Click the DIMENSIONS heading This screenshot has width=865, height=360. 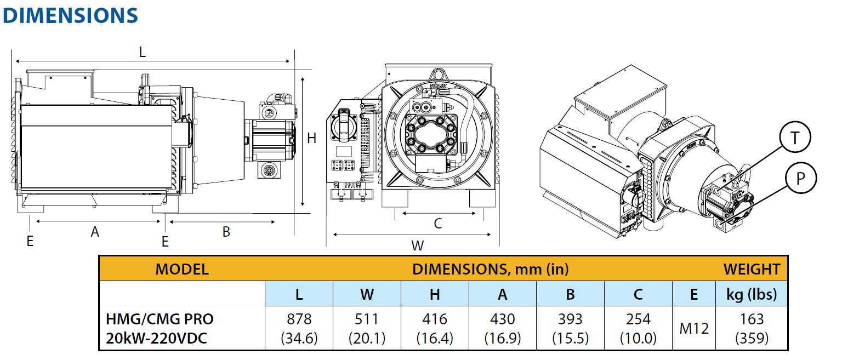pyautogui.click(x=70, y=15)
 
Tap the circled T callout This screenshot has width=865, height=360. pyautogui.click(x=795, y=137)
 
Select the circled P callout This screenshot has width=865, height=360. pyautogui.click(x=801, y=178)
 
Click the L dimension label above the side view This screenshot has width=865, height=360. pyautogui.click(x=143, y=52)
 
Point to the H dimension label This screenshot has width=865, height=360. pyautogui.click(x=311, y=138)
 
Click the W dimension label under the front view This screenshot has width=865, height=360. pyautogui.click(x=418, y=245)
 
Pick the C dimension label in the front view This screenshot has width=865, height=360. pyautogui.click(x=437, y=224)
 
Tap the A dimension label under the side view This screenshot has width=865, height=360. pyautogui.click(x=95, y=232)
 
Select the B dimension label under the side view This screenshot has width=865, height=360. pyautogui.click(x=226, y=232)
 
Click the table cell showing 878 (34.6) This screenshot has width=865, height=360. pyautogui.click(x=299, y=328)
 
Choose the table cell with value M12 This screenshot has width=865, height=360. pyautogui.click(x=694, y=328)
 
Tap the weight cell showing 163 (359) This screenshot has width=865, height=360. pyautogui.click(x=752, y=328)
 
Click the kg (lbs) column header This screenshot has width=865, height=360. pyautogui.click(x=752, y=294)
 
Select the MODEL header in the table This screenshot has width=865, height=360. pyautogui.click(x=182, y=269)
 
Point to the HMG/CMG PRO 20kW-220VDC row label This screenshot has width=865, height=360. pyautogui.click(x=160, y=328)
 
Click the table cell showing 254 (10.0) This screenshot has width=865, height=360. pyautogui.click(x=638, y=328)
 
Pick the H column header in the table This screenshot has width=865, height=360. pyautogui.click(x=435, y=294)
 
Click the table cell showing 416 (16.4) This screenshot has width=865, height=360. pyautogui.click(x=435, y=328)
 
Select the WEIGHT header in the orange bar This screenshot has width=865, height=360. pyautogui.click(x=752, y=269)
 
